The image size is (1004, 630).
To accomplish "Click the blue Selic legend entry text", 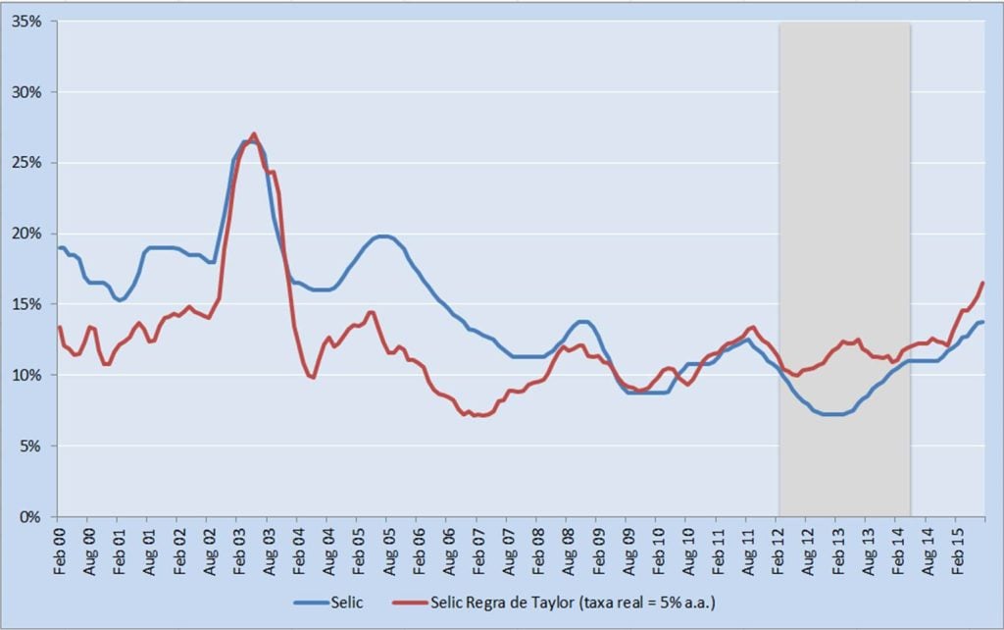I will (347, 601).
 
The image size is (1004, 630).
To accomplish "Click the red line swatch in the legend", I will (412, 601).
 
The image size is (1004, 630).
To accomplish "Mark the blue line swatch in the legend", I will (310, 601).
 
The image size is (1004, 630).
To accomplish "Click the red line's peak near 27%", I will (254, 134).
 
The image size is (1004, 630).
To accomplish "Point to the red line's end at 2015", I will (982, 283).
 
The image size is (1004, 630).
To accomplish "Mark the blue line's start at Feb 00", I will (58, 247).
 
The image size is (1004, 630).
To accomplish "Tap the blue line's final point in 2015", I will (982, 322).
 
